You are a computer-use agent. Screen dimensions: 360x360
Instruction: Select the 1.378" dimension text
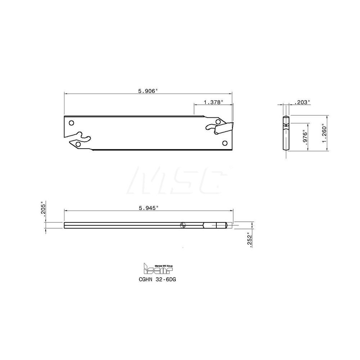pos(213,102)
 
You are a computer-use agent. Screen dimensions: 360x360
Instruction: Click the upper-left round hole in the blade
pos(71,123)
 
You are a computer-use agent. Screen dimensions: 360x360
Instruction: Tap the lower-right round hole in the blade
pos(225,143)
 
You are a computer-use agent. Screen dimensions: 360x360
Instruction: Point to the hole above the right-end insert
pos(218,122)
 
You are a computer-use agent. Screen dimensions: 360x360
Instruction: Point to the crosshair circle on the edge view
pos(183,225)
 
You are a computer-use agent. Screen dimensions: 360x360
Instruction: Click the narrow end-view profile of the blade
pos(285,133)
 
